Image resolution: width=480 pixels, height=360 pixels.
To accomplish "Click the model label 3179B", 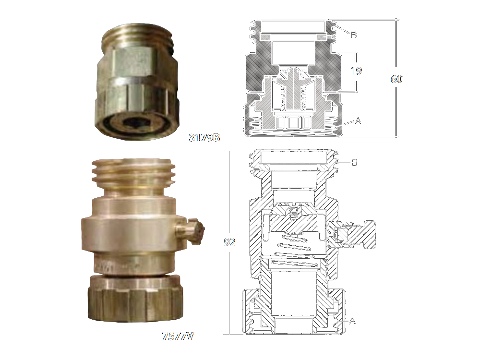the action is [204, 137].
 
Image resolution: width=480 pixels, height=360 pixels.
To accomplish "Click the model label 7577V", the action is [178, 336].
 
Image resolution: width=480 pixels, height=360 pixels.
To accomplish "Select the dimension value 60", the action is [396, 79].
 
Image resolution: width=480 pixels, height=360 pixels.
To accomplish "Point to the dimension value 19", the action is [356, 71].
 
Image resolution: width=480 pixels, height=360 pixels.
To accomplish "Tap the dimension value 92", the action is [229, 242].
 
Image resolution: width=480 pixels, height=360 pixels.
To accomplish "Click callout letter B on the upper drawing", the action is [354, 35].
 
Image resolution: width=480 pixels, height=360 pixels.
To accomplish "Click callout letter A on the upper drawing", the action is [358, 121].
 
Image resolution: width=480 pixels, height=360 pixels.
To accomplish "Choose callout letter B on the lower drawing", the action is [355, 162].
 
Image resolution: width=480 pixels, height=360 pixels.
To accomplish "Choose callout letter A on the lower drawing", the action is [352, 321].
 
